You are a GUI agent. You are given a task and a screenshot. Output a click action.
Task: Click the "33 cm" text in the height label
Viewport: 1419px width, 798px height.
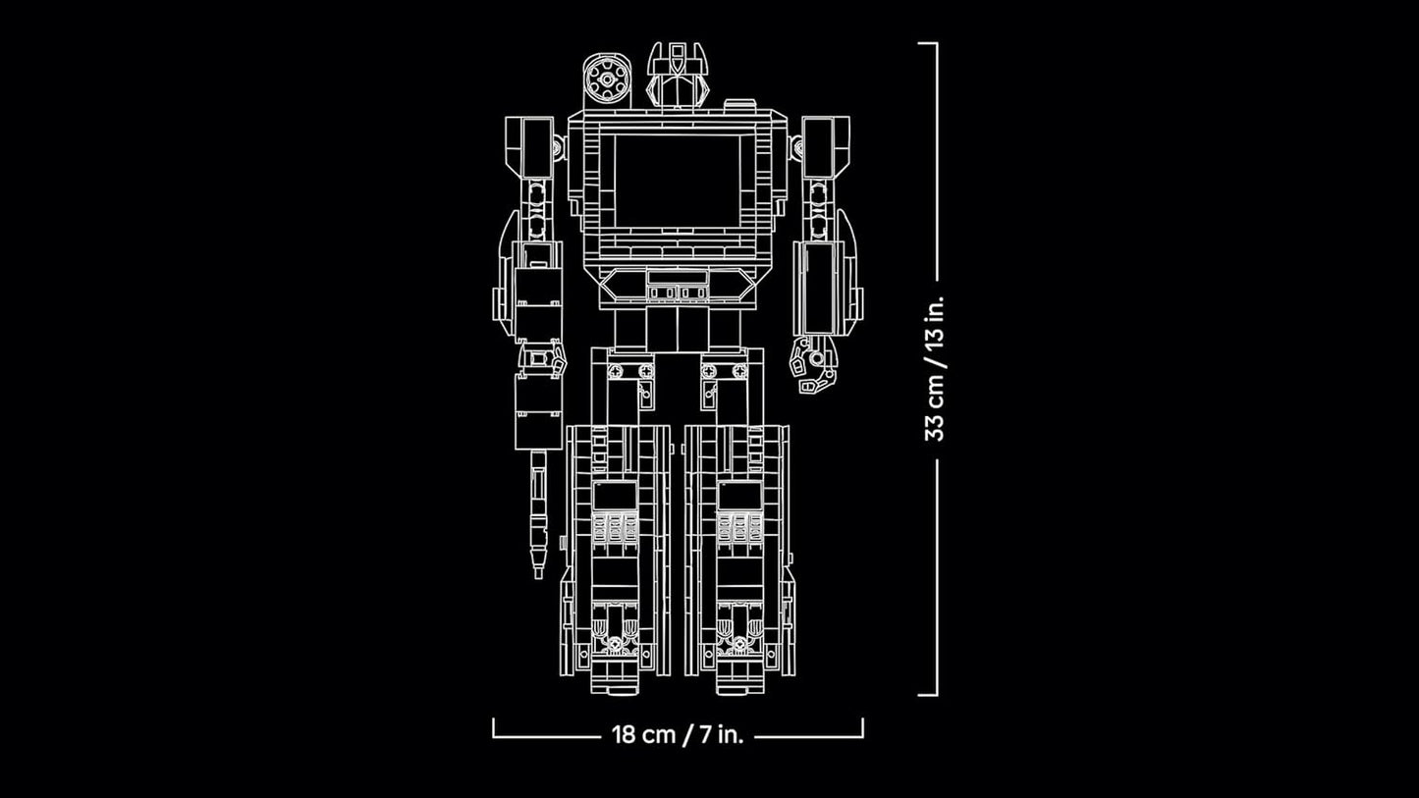pyautogui.click(x=934, y=404)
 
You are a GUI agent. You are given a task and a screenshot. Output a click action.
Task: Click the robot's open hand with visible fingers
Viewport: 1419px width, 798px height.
pyautogui.click(x=814, y=365)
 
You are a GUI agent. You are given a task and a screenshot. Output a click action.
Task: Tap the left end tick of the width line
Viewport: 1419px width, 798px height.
pyautogui.click(x=494, y=726)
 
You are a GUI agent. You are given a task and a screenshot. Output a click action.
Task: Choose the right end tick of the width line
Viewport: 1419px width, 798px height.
pyautogui.click(x=862, y=726)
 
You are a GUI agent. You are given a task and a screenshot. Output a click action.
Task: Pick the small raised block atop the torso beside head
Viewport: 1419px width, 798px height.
pyautogui.click(x=739, y=104)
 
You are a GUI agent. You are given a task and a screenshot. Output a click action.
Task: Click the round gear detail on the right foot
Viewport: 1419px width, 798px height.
pyautogui.click(x=739, y=645)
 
